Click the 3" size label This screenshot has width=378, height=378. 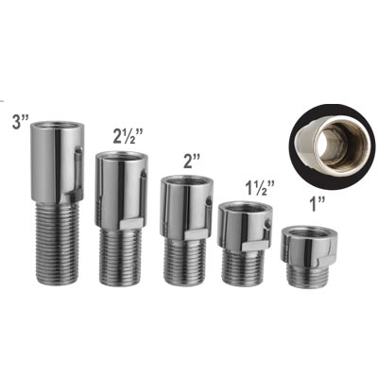click(20, 121)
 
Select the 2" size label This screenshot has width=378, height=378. click(193, 163)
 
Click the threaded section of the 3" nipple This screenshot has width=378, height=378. click(57, 243)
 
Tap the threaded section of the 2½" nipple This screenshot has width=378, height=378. click(118, 257)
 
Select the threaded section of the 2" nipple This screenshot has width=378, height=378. click(181, 262)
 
